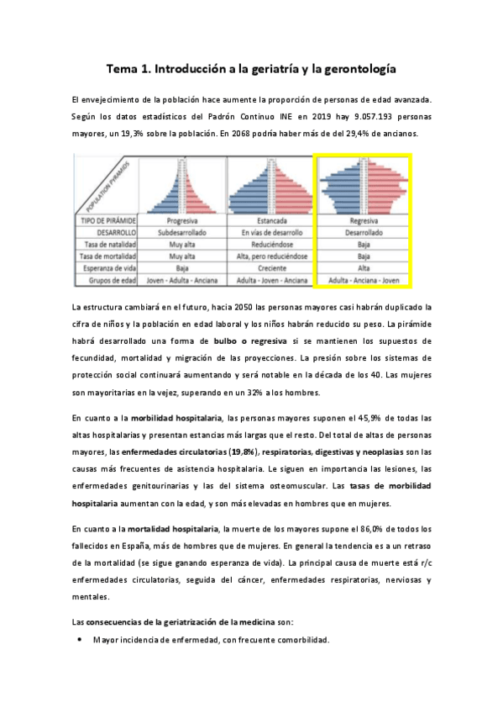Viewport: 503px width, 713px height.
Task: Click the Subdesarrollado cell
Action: pos(182,231)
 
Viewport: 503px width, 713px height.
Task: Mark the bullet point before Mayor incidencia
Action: pos(79,639)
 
